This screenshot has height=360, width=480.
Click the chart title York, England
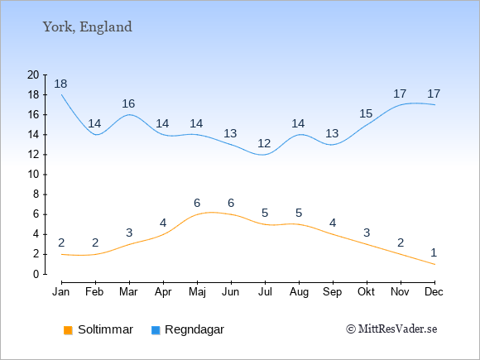coord(88,27)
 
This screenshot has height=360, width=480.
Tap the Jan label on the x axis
coord(61,292)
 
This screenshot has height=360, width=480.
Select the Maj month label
coord(197,292)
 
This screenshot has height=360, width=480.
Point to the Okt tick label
coord(366,292)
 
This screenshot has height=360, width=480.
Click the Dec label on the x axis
coord(434,292)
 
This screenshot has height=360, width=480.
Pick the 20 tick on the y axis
coord(33,74)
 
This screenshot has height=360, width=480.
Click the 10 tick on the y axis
coord(33,175)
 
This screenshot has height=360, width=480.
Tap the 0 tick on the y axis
coord(36,274)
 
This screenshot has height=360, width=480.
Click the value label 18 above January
coord(60,84)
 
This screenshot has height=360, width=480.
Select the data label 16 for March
coord(128,103)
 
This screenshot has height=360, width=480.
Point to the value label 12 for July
coord(264,143)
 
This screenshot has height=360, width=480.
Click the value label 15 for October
coord(366,114)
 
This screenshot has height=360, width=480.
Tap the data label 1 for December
coord(434,253)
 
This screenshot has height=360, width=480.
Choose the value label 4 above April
coord(163,223)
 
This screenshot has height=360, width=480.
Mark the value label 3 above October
coord(367,233)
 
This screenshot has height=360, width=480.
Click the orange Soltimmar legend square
coord(68,330)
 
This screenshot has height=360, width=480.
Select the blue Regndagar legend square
coord(156,330)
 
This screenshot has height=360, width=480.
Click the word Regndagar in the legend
coord(194,329)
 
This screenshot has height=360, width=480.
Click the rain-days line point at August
coord(299,135)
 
